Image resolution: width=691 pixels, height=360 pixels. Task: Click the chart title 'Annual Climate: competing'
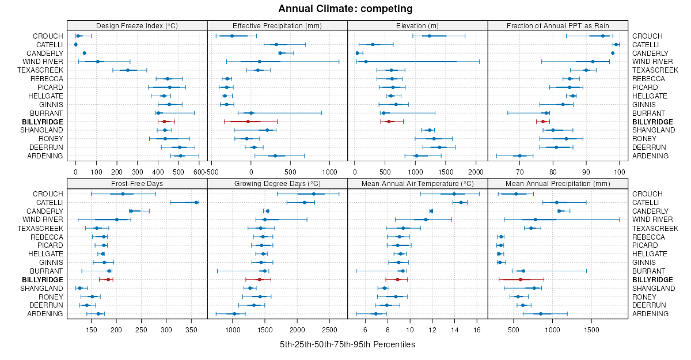[x=345, y=9]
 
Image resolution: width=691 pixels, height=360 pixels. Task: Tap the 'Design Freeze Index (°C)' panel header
[x=137, y=25]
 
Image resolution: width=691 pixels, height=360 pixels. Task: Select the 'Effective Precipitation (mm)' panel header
[x=277, y=25]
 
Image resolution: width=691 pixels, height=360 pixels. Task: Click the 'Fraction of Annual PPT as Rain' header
[x=558, y=25]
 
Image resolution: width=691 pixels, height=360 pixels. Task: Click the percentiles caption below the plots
[x=347, y=344]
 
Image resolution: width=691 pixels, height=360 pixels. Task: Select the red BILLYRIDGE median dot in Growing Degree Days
[x=259, y=279]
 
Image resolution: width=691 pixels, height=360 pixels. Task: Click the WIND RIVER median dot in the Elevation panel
[x=366, y=62]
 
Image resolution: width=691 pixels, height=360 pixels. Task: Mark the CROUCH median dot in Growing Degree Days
[x=314, y=194]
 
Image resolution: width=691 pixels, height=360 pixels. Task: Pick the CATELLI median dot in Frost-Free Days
[x=196, y=202]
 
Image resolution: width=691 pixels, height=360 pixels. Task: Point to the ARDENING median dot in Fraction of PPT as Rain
[x=519, y=156]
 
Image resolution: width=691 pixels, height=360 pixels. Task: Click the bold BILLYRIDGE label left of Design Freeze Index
[x=42, y=122]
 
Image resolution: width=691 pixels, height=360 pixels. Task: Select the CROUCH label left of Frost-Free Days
[x=48, y=194]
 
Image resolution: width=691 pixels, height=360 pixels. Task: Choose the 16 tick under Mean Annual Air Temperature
[x=477, y=329]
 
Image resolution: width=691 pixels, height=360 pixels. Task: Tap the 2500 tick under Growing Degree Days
[x=330, y=329]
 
